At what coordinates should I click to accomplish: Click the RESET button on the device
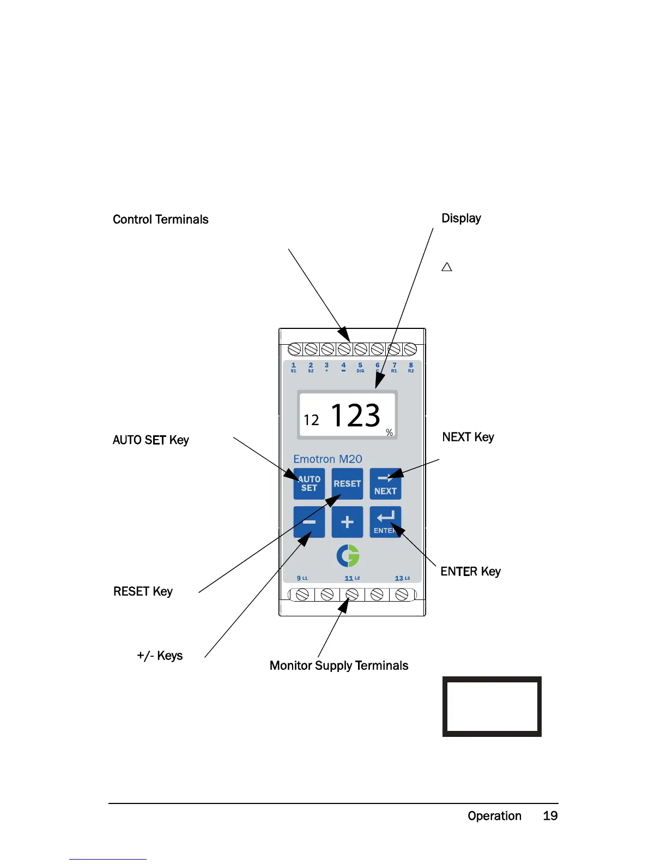[347, 484]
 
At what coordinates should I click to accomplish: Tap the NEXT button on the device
[385, 484]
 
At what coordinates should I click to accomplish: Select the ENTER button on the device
[385, 522]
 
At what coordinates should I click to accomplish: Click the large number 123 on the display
[355, 416]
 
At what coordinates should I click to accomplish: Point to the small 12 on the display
[311, 420]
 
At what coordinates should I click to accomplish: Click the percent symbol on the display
[389, 433]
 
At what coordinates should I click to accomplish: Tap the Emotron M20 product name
[328, 459]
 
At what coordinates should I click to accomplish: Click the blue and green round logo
[348, 556]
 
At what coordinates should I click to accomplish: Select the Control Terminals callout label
[161, 219]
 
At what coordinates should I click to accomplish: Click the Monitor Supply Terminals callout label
[339, 665]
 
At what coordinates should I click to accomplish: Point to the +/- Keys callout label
[160, 656]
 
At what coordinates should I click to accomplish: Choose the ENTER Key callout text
[470, 572]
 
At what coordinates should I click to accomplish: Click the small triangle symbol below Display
[447, 267]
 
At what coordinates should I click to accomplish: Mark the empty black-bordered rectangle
[492, 706]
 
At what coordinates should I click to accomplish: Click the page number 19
[550, 816]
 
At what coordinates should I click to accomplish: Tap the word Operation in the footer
[494, 816]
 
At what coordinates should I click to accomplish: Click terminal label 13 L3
[402, 578]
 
